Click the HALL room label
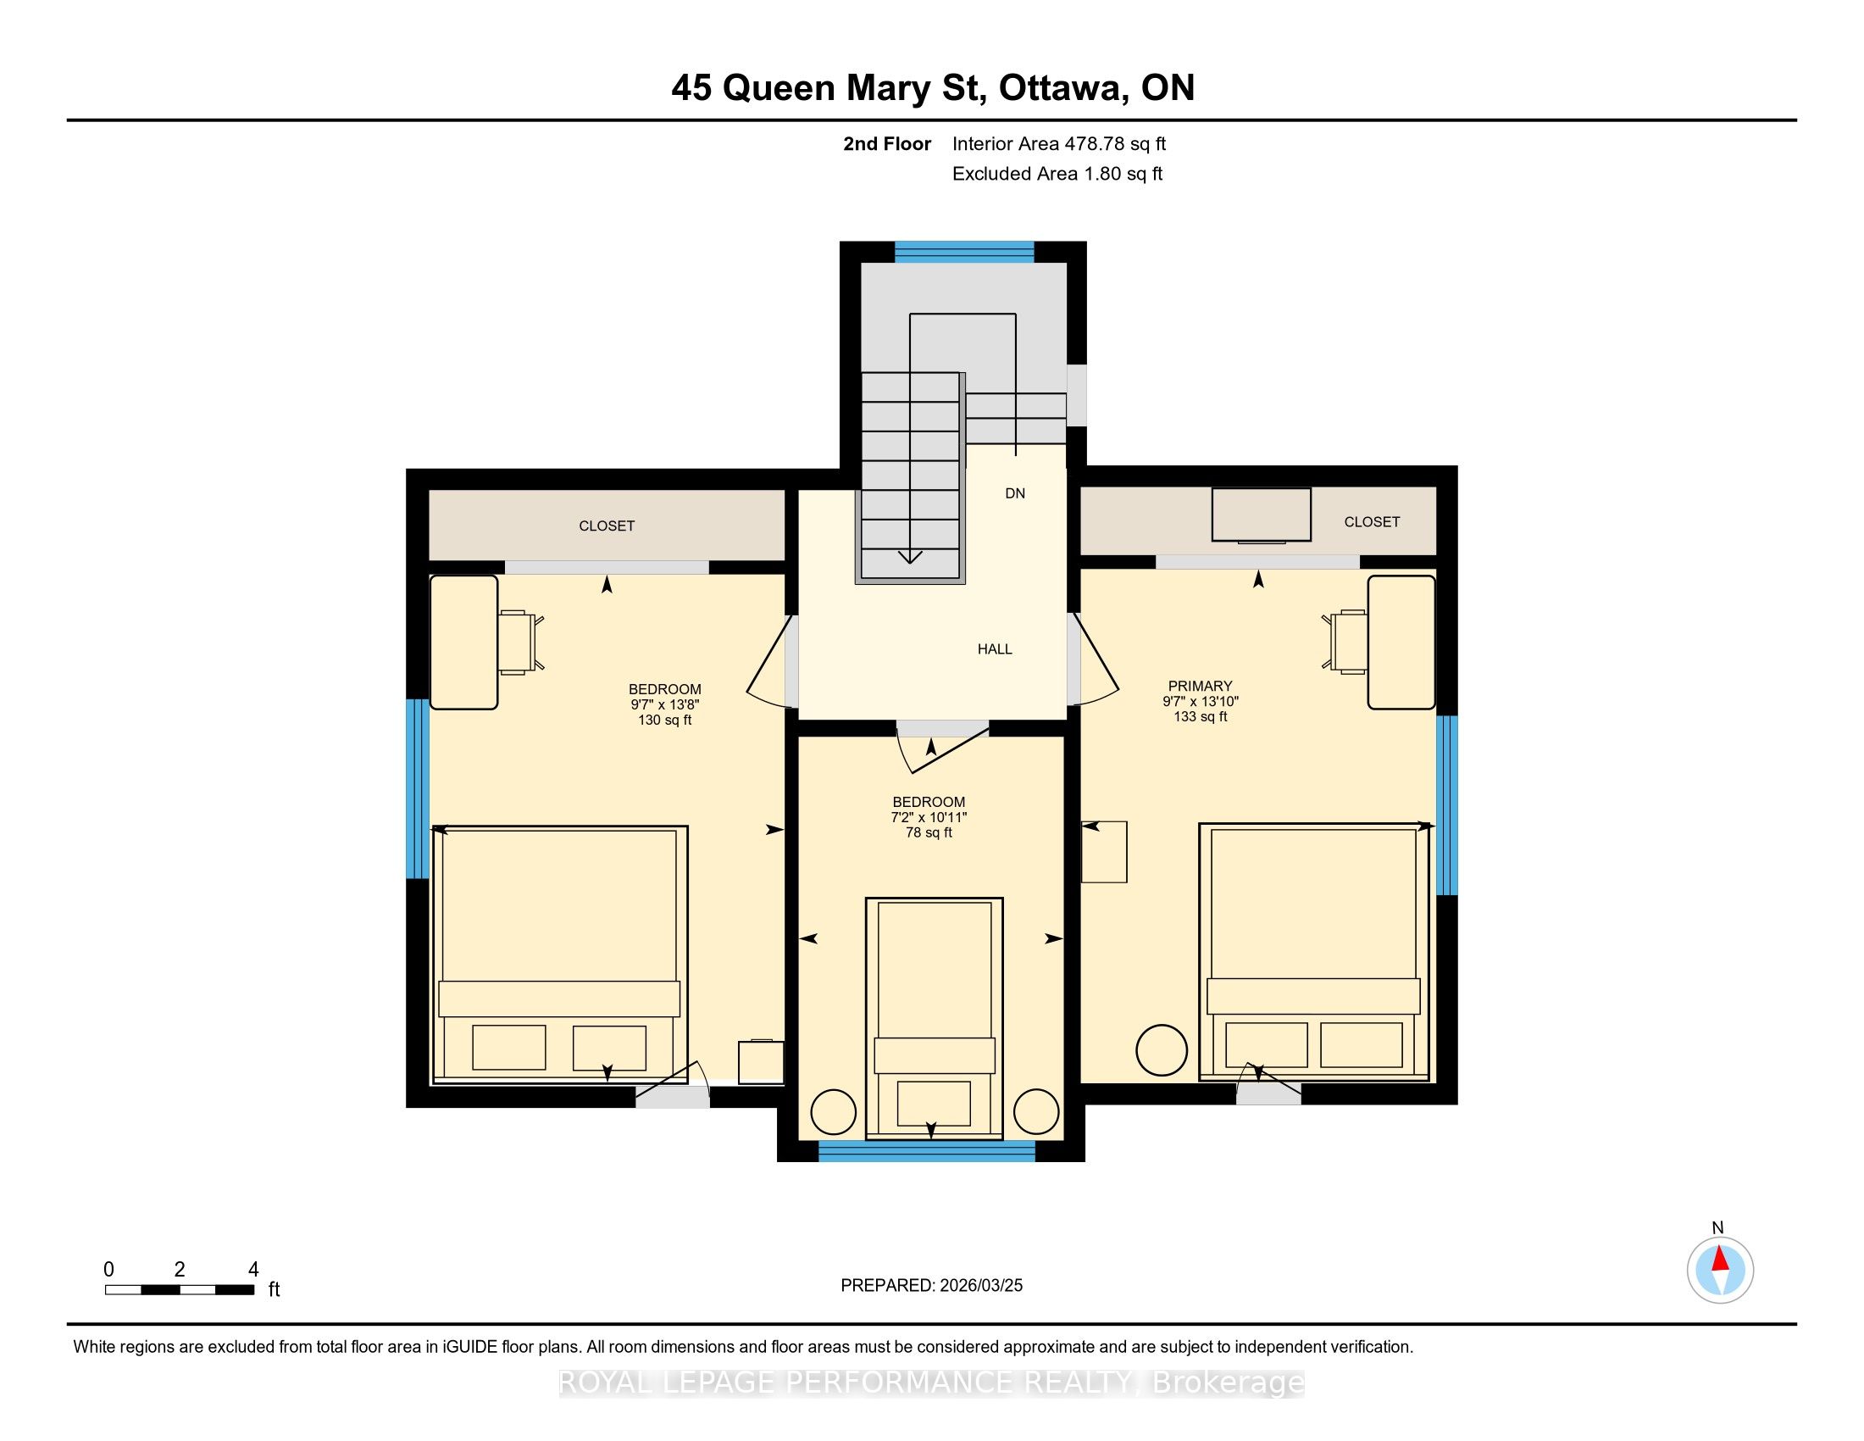tap(995, 648)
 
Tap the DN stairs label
tap(1015, 493)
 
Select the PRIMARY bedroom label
tap(1200, 686)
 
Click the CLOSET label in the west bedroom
tap(607, 526)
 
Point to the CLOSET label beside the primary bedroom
tap(1372, 521)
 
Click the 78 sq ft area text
tap(929, 832)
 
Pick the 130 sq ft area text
tap(665, 720)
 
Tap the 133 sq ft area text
tap(1200, 716)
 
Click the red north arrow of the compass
tap(1721, 1260)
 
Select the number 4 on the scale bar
tap(252, 1270)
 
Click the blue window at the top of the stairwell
tap(963, 251)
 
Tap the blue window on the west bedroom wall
tap(417, 789)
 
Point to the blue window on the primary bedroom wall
tap(1446, 805)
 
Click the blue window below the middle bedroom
tap(927, 1151)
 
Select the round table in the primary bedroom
tap(1161, 1050)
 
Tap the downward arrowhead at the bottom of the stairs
tap(911, 558)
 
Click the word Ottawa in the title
tap(1060, 88)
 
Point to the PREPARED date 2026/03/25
tap(979, 1285)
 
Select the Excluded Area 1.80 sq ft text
tap(1057, 173)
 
